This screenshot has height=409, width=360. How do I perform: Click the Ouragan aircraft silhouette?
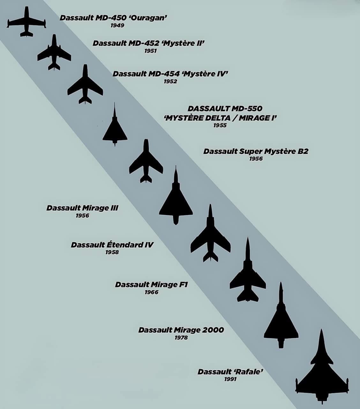coord(26,22)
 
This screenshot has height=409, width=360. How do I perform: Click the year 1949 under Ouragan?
coord(117,25)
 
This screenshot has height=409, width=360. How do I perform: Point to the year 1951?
coord(150,51)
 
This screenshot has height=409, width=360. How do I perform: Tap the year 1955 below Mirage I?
coord(220,125)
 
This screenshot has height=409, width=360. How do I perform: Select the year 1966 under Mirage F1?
coord(151,292)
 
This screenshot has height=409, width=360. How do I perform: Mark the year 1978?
coord(181,337)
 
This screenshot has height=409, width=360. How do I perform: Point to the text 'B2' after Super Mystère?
coord(303,151)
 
